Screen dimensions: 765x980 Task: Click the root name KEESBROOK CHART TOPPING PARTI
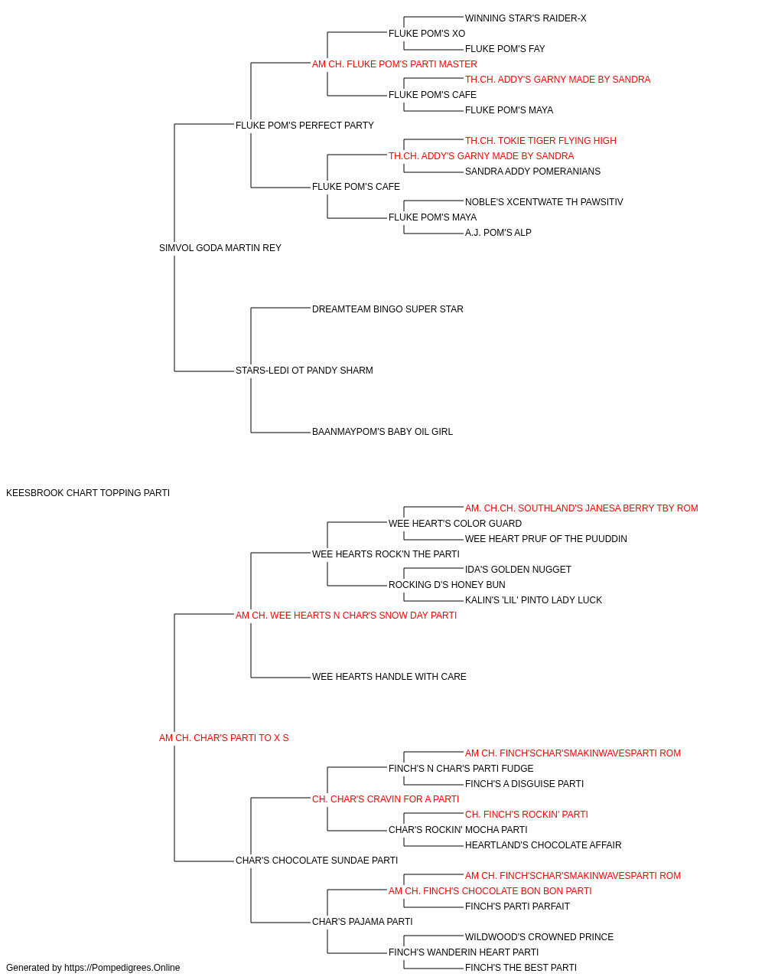click(88, 492)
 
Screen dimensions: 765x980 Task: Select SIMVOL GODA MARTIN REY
click(220, 247)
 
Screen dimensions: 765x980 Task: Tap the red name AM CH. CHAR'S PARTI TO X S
click(223, 738)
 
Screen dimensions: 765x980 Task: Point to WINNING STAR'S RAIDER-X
click(526, 18)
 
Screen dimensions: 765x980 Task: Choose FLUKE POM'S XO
click(427, 34)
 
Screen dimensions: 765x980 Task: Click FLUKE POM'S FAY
click(505, 49)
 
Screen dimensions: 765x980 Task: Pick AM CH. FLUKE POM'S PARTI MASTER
click(394, 64)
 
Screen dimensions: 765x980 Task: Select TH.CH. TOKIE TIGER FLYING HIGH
click(540, 141)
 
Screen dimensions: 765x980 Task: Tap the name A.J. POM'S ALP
click(498, 233)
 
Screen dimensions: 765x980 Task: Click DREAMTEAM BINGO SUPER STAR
click(387, 309)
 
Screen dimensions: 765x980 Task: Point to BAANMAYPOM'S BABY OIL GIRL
click(382, 432)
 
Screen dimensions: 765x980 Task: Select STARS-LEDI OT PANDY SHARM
click(304, 371)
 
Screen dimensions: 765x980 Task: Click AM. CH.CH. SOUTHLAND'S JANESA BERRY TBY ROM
click(581, 508)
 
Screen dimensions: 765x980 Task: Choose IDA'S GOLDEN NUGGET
click(518, 570)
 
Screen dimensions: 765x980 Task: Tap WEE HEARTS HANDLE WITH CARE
click(389, 677)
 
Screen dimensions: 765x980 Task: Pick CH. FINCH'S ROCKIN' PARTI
click(526, 815)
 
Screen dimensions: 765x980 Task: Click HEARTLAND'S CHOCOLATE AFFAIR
click(543, 845)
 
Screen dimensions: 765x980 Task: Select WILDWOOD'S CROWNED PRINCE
click(539, 937)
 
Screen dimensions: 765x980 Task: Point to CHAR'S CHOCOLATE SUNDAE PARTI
click(316, 861)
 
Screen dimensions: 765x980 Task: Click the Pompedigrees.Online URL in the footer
click(122, 968)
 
